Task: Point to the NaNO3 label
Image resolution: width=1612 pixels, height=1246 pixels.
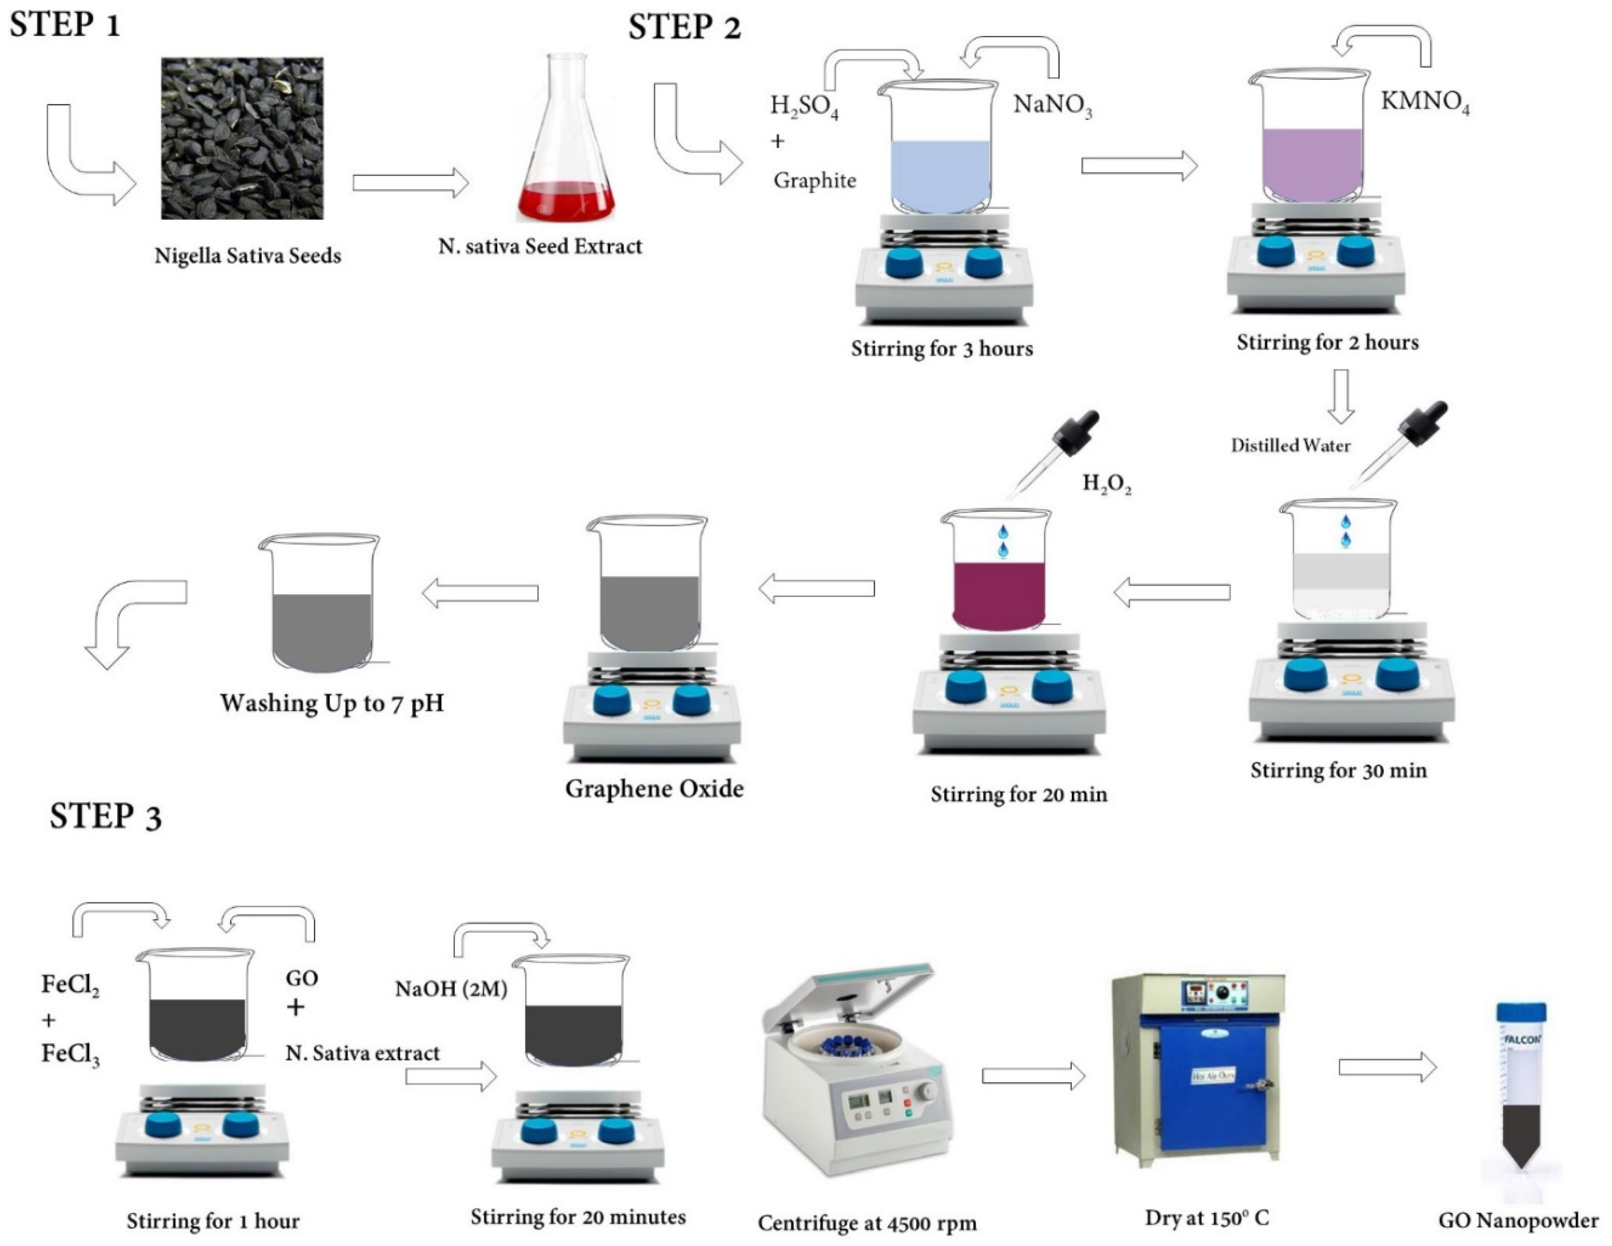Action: pyautogui.click(x=1052, y=105)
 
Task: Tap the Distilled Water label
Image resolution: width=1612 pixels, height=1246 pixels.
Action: pyautogui.click(x=1290, y=445)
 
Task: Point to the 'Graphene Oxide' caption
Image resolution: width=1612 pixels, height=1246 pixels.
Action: pyautogui.click(x=654, y=789)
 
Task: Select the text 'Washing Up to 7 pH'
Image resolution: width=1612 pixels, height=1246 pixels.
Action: pyautogui.click(x=332, y=703)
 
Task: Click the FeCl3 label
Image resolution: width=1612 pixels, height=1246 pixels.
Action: pyautogui.click(x=70, y=1054)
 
